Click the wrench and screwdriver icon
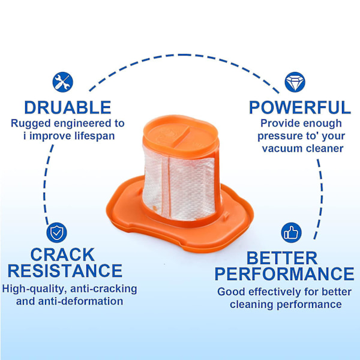[62, 82]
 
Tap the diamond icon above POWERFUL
[295, 82]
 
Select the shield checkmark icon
[56, 233]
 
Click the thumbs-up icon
[291, 233]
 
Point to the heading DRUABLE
[68, 107]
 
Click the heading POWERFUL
[300, 107]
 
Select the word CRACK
[62, 254]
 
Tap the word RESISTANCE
[65, 271]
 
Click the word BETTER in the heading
[282, 258]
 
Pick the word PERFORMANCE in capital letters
[284, 274]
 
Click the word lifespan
[95, 136]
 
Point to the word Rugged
[31, 124]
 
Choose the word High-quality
[34, 289]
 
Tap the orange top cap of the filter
[180, 136]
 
